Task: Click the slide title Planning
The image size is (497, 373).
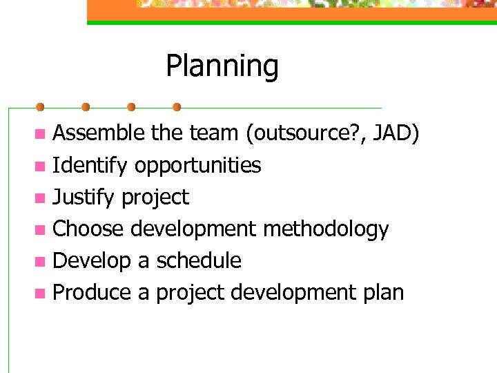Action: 222,66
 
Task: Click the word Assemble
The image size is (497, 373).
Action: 99,133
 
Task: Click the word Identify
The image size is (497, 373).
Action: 90,165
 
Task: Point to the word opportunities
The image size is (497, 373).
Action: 197,165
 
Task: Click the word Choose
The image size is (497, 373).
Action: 88,229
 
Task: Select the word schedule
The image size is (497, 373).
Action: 199,260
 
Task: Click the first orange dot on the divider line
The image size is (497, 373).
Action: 40,108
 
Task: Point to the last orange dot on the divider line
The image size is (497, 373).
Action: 177,108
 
